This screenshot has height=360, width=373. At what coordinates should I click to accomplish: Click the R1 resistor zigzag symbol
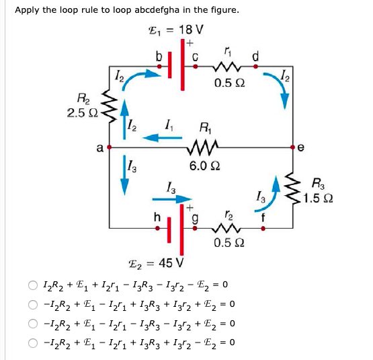click(203, 144)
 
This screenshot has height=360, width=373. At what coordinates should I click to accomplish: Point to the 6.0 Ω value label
click(204, 166)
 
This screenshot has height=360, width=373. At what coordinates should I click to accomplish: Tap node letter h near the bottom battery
click(157, 217)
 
